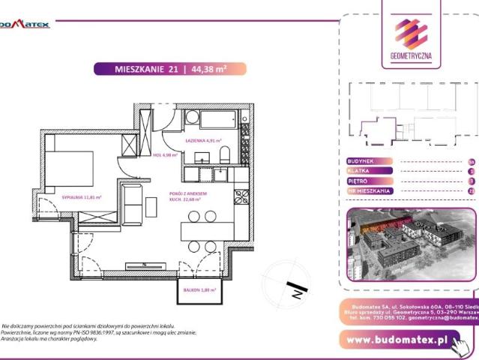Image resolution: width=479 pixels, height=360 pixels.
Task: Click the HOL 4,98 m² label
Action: pos(164,155)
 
